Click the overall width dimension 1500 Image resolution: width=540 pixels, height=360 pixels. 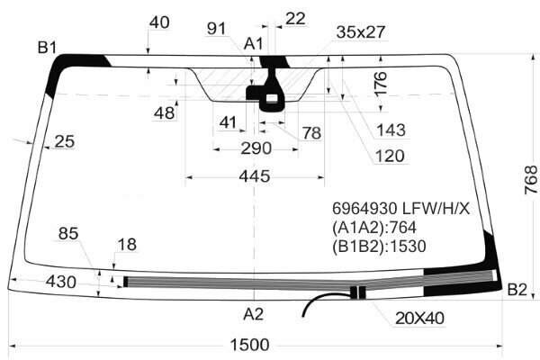point(249,345)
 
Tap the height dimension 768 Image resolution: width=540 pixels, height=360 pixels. point(531,180)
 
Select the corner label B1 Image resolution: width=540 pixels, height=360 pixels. point(47,47)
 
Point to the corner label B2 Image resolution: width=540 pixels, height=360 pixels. point(517,290)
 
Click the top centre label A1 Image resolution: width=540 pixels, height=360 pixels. point(254,44)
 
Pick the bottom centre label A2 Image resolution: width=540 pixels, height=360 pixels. point(254,314)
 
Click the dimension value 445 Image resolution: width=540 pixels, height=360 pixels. point(255,176)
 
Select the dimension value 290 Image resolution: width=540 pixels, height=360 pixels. point(256,148)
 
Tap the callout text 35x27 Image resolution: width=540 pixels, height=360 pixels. point(361,32)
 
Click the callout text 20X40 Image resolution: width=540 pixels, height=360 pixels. point(419,318)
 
